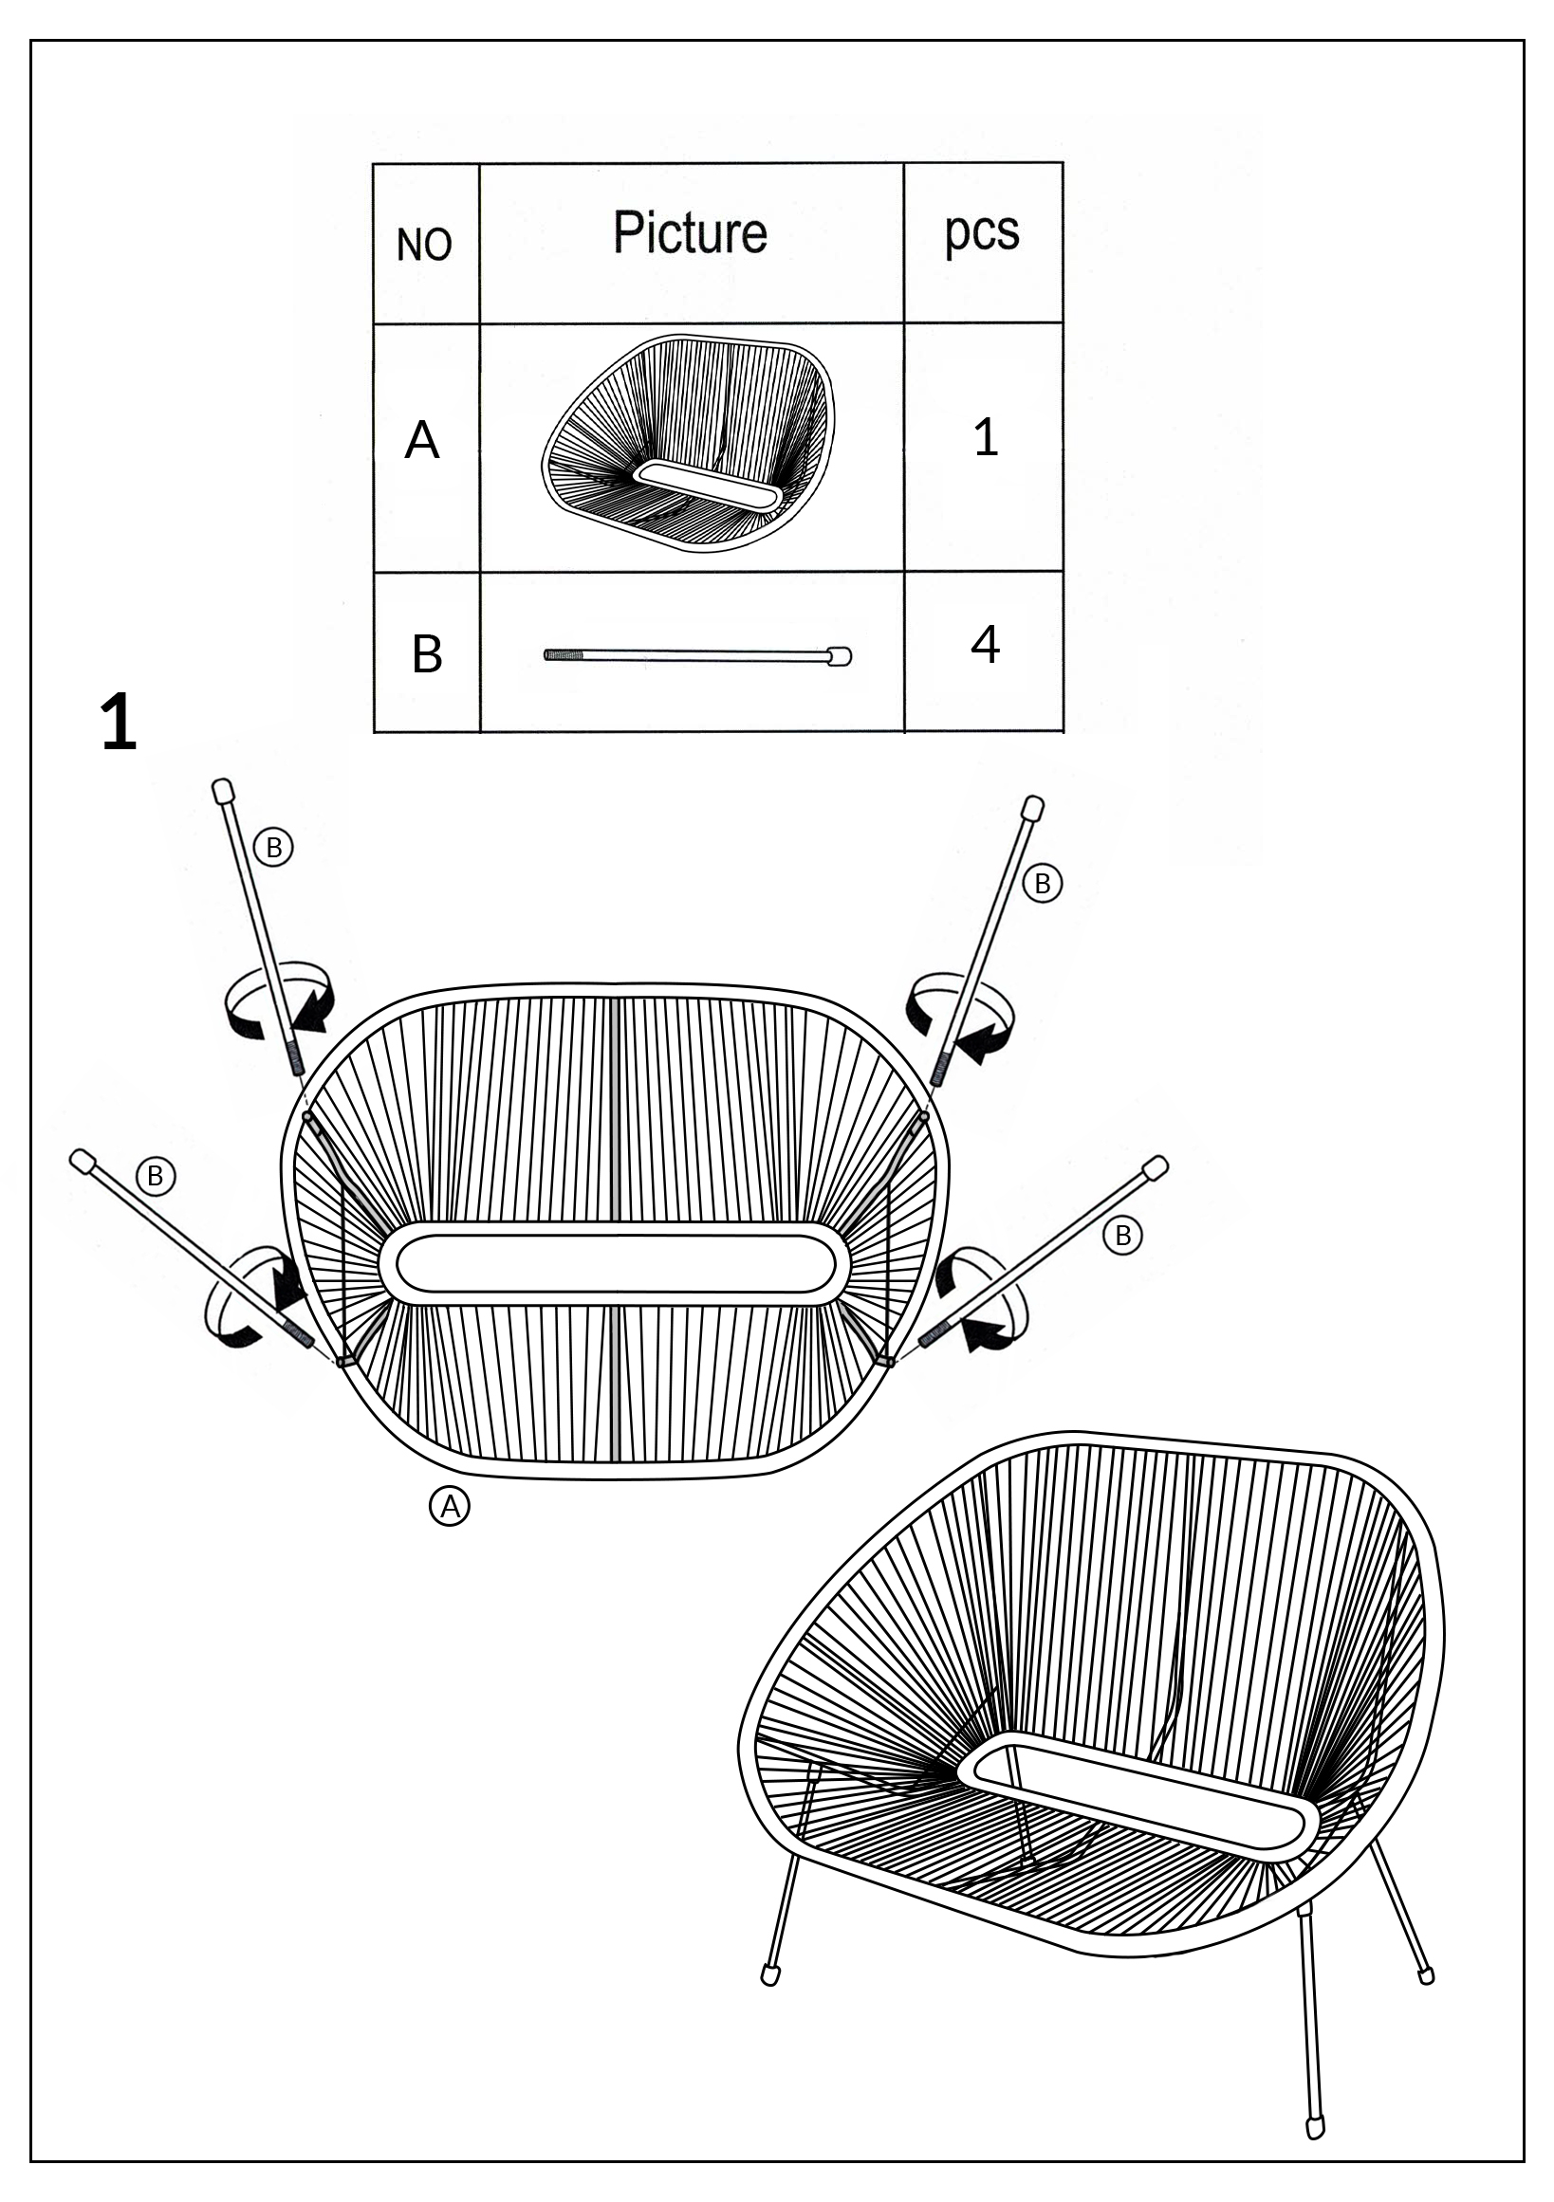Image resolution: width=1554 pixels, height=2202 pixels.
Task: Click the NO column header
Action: (424, 246)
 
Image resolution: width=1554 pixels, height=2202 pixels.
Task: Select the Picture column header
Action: (690, 232)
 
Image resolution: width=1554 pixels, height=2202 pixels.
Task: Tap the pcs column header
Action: (981, 233)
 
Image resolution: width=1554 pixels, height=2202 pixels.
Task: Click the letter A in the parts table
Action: (422, 441)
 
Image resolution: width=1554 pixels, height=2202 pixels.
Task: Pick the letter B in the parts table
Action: (427, 655)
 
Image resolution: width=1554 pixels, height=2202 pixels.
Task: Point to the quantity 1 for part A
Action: (985, 437)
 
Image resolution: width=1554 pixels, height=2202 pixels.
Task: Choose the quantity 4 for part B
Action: (985, 645)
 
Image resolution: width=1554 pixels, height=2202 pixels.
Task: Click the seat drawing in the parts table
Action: (688, 443)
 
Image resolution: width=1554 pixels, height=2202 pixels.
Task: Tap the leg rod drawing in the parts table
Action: (697, 656)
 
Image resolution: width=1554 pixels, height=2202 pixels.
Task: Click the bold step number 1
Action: (119, 724)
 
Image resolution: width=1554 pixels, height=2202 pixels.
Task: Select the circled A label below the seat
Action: (449, 1507)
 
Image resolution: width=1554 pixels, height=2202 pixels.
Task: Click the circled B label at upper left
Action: (273, 848)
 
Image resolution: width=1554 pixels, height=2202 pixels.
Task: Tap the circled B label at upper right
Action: (1043, 883)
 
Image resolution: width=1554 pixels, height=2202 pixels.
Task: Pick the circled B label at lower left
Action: (156, 1176)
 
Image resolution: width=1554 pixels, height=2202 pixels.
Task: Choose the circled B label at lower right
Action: (1123, 1236)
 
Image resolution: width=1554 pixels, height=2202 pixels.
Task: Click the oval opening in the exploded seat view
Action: (614, 1263)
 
